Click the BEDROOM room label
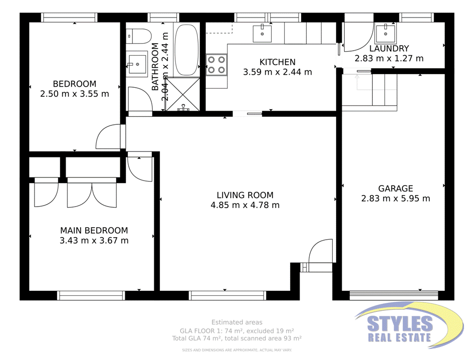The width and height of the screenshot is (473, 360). (75, 84)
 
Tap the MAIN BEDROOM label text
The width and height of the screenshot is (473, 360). (94, 231)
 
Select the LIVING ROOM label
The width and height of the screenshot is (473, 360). (245, 195)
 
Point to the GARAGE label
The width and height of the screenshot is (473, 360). (395, 189)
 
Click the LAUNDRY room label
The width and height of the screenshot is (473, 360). (389, 49)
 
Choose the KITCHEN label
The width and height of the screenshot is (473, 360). (277, 62)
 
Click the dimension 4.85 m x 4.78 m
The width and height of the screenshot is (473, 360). (245, 205)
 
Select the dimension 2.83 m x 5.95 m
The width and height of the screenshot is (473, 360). (395, 199)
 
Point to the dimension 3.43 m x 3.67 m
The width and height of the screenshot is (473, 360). (94, 241)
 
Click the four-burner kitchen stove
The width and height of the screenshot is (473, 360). (216, 64)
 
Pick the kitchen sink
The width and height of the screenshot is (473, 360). (262, 33)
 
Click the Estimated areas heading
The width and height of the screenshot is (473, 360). (237, 322)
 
